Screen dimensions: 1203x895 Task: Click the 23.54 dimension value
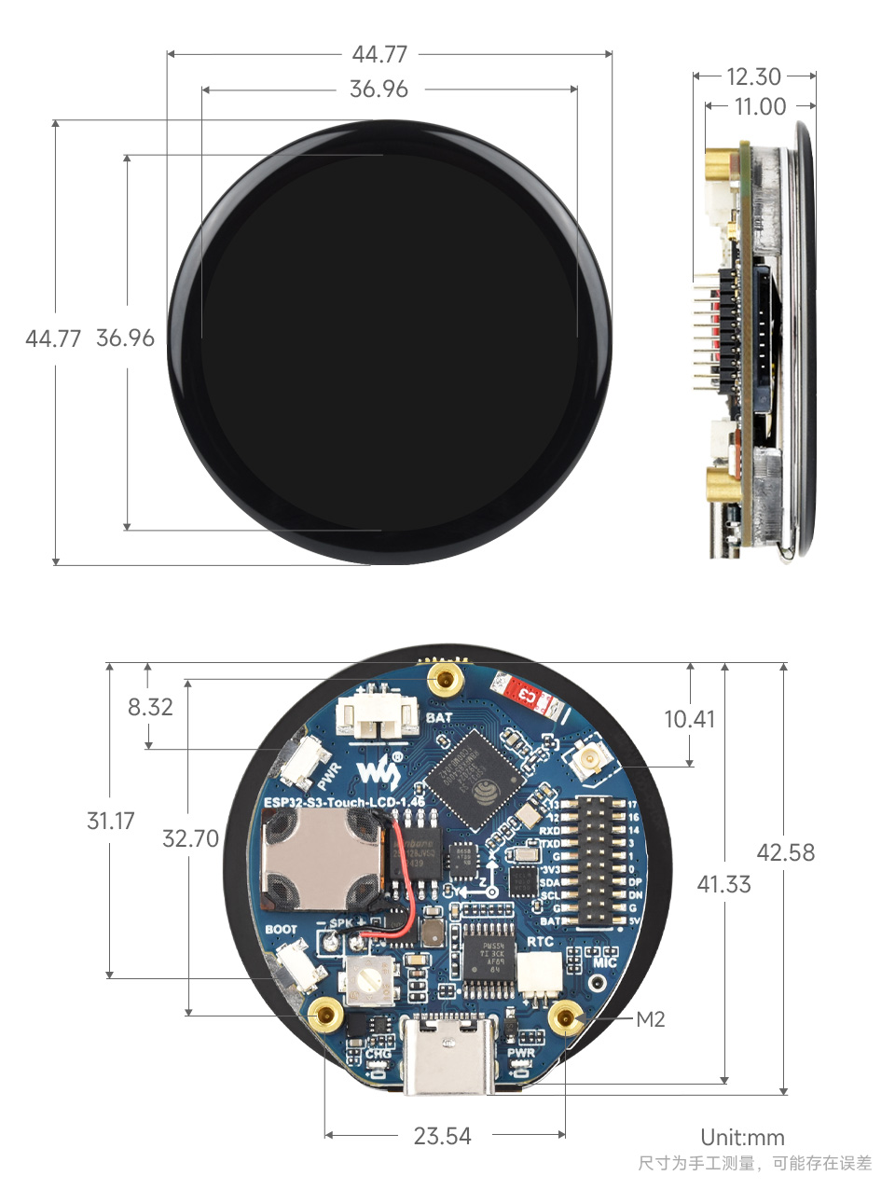pyautogui.click(x=442, y=1136)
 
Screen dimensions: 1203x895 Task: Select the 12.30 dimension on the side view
pyautogui.click(x=753, y=76)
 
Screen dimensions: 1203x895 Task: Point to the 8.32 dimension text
pyautogui.click(x=150, y=707)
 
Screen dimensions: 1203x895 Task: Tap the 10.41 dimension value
pyautogui.click(x=689, y=719)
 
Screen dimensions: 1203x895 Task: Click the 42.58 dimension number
pyautogui.click(x=785, y=852)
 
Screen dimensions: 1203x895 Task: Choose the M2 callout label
pyautogui.click(x=651, y=1019)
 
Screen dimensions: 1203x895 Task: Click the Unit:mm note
pyautogui.click(x=742, y=1137)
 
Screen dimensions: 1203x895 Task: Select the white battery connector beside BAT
pyautogui.click(x=378, y=716)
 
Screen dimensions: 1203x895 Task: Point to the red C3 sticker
pyautogui.click(x=528, y=694)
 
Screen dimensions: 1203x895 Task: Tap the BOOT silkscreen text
pyautogui.click(x=281, y=930)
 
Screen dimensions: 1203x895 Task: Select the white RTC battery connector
pyautogui.click(x=540, y=975)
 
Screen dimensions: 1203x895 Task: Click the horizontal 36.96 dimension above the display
pyautogui.click(x=379, y=90)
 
